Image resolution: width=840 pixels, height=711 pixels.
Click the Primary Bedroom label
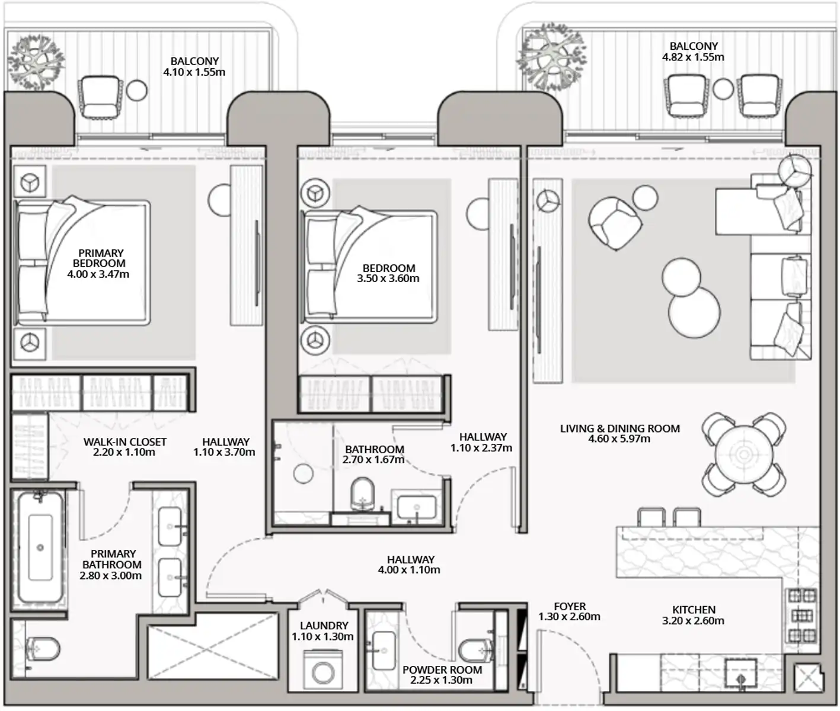[99, 263]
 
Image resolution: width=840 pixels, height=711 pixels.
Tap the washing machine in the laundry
[322, 669]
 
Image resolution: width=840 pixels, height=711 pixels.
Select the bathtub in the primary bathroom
[40, 547]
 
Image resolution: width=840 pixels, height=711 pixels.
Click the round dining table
[744, 454]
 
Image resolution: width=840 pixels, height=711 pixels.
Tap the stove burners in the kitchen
[802, 616]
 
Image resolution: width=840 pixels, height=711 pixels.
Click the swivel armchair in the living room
[615, 223]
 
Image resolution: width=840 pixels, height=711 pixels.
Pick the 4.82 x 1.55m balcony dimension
[694, 57]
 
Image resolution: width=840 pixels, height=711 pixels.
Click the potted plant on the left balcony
[37, 62]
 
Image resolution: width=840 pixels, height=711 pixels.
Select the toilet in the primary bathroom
[43, 649]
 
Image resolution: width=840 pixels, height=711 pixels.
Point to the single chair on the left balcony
[100, 97]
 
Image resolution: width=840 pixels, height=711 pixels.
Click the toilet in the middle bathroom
[362, 494]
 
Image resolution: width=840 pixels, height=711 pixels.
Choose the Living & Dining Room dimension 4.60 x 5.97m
[619, 439]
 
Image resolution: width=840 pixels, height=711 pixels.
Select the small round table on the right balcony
[723, 89]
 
